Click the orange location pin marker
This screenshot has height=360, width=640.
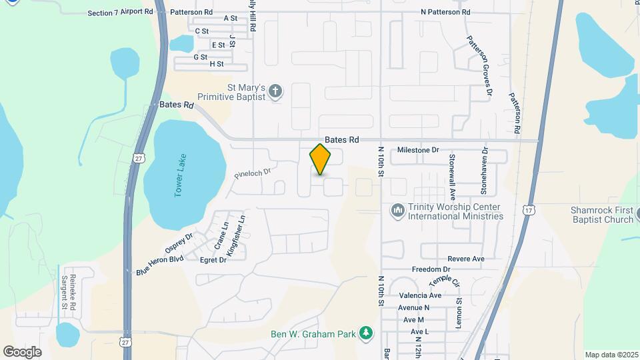[x=321, y=159]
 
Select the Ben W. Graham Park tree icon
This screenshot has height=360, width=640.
[x=365, y=333]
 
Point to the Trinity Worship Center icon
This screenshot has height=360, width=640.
[x=398, y=211]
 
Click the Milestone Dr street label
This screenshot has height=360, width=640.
[x=418, y=150]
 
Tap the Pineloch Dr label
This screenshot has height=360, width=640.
[x=253, y=173]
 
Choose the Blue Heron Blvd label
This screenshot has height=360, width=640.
[x=159, y=266]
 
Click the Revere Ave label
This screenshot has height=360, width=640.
[x=466, y=259]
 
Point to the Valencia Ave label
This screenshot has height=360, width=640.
[x=420, y=295]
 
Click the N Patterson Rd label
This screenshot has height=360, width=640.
[x=445, y=12]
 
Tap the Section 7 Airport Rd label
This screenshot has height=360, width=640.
[x=117, y=13]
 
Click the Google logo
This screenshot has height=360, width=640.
[x=22, y=351]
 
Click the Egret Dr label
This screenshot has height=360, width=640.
[x=213, y=259]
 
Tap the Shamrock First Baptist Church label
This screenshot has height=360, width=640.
[x=602, y=215]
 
